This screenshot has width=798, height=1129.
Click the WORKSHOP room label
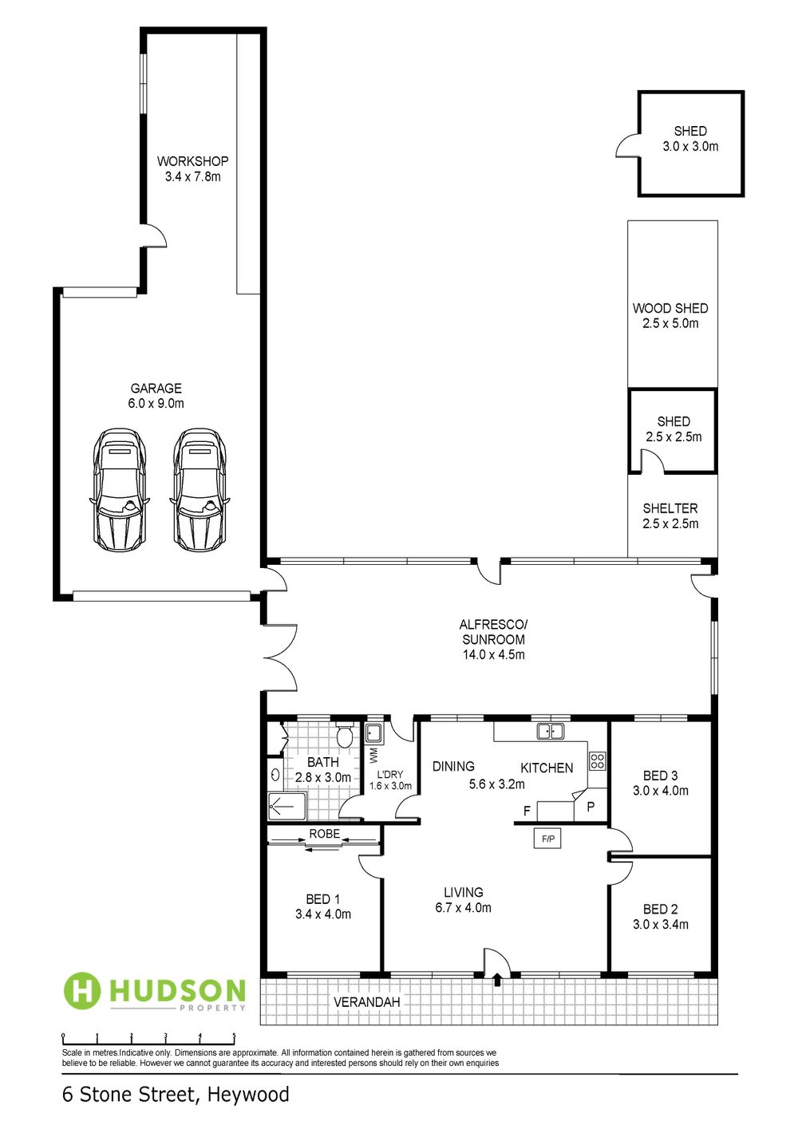point(192,161)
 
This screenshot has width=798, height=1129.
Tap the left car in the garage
point(120,489)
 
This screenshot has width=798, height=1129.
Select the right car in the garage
point(199,489)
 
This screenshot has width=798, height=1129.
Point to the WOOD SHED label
point(670,308)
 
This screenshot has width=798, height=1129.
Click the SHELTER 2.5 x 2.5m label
point(670,515)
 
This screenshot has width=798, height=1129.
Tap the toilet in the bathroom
point(346,737)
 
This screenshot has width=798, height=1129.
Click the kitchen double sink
point(550,730)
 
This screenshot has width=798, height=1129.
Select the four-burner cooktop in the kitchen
point(598,760)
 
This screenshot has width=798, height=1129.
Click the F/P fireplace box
point(547,839)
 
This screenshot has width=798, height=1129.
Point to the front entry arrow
point(497,978)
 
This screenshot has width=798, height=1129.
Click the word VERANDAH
point(366,1002)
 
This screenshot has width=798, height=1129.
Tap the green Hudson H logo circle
point(82,990)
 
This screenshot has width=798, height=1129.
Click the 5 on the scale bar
point(234,1036)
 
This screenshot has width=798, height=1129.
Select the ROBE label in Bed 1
point(324,834)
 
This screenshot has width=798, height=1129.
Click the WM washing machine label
point(373,755)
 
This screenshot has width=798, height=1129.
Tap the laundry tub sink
point(373,732)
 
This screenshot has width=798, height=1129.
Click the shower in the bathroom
point(286,807)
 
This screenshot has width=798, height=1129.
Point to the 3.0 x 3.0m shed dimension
point(690,147)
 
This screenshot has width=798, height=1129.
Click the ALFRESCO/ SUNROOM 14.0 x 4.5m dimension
point(493,655)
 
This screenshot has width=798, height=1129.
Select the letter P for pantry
point(591,805)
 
